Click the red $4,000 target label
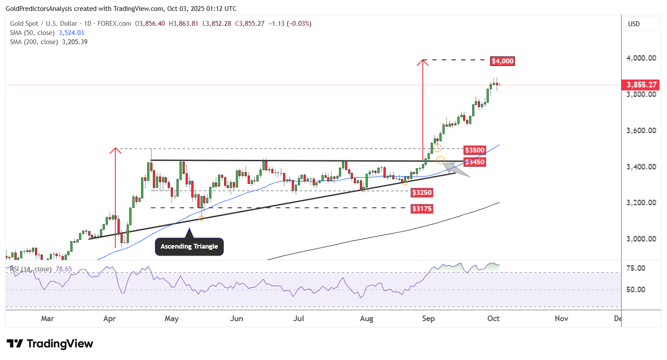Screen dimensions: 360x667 [x=502, y=61]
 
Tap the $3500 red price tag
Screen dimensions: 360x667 [x=474, y=150]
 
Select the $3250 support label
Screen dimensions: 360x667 [x=422, y=193]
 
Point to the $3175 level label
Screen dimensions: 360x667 [x=422, y=209]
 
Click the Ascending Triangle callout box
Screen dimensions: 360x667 [x=189, y=246]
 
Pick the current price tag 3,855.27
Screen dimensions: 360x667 [x=641, y=85]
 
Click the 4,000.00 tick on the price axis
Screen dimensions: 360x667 [x=641, y=58]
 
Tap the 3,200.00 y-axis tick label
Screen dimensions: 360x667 [x=641, y=203]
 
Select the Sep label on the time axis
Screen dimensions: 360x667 [x=428, y=318]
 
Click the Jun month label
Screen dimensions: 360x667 [x=236, y=318]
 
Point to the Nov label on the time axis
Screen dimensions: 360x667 [x=561, y=318]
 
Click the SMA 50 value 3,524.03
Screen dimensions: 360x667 [x=71, y=33]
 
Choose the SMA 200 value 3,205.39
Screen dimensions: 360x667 [x=75, y=42]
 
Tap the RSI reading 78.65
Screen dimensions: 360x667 [x=64, y=269]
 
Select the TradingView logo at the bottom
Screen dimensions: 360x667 [x=50, y=344]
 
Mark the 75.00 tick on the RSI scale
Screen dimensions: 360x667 [x=636, y=268]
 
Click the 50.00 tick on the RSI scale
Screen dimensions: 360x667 [x=636, y=290]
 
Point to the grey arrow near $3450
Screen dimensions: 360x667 [x=456, y=169]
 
